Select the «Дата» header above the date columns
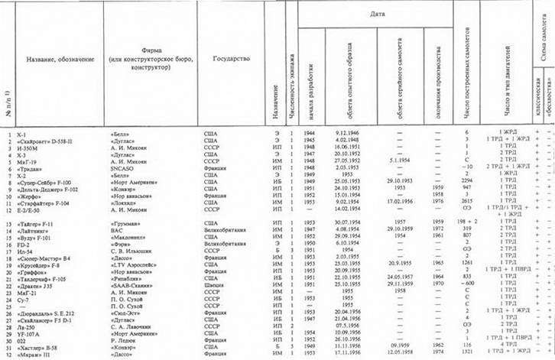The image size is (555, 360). click(377, 14)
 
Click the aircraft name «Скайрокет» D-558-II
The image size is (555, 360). click(48, 140)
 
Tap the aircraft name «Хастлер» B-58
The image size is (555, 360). click(41, 348)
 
